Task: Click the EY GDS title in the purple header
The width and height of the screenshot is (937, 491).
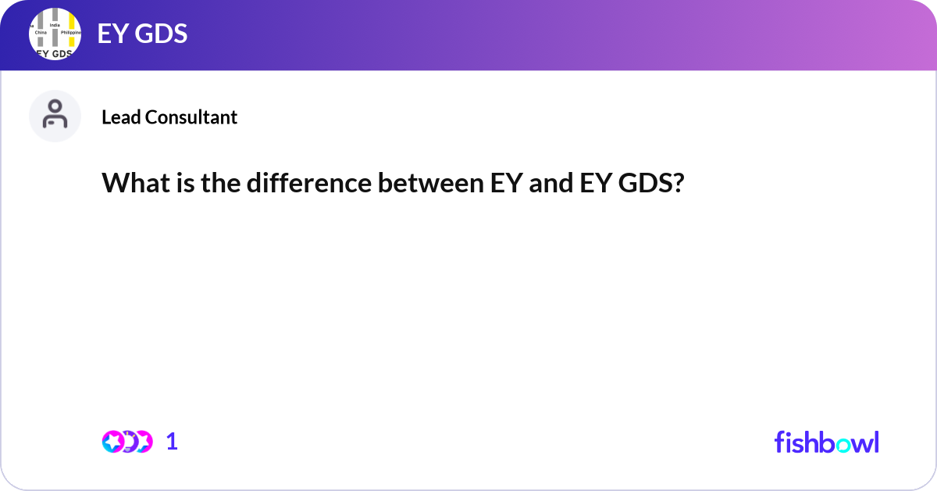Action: pos(142,34)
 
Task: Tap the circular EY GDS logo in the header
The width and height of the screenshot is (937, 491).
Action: pos(55,35)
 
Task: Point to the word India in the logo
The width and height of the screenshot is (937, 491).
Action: pos(55,25)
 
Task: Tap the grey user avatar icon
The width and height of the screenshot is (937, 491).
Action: pos(55,116)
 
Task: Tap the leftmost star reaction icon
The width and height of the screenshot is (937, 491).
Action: pos(113,441)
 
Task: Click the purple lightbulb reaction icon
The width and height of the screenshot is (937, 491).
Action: pos(127,441)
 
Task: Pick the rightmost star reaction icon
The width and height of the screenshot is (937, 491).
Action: pos(142,441)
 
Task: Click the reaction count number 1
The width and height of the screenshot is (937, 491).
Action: pos(172,442)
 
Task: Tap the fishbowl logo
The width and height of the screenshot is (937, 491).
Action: pos(826,442)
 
